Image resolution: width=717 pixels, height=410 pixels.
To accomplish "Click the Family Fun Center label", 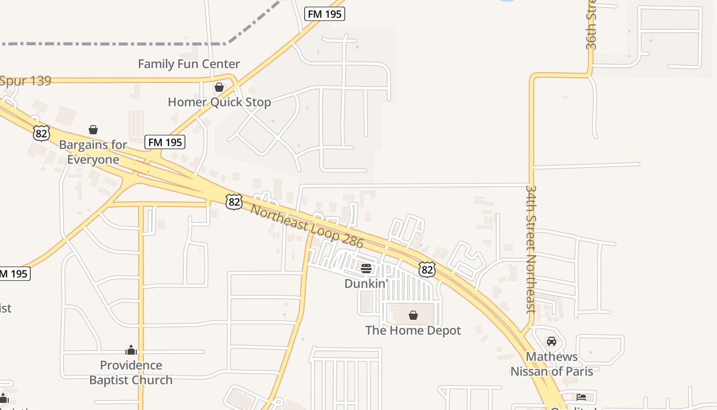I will (189, 64).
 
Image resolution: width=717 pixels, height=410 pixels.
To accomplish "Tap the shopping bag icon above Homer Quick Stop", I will (219, 87).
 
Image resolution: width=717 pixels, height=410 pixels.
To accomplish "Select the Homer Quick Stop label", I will (219, 102).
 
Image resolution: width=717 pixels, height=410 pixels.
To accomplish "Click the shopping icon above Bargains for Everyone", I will (93, 130).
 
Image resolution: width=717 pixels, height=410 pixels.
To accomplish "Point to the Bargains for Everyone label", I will (93, 152).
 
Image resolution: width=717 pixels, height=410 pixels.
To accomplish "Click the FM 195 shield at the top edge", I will (325, 14).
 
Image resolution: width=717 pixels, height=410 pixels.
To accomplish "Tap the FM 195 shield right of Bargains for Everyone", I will (164, 142).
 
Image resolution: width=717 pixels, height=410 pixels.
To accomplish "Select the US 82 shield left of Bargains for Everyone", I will (41, 133).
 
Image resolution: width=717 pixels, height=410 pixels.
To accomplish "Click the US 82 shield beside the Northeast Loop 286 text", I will (234, 201).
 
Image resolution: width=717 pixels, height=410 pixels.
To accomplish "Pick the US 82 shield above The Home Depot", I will (427, 269).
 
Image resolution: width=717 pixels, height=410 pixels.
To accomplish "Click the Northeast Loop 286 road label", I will (307, 226).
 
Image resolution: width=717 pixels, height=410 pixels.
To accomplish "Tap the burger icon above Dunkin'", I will (366, 269).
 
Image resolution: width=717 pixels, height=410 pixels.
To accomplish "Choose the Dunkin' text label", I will (366, 283).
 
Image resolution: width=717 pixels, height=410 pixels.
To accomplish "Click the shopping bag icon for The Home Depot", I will (413, 315).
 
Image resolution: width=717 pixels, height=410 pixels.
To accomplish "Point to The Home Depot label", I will (413, 331).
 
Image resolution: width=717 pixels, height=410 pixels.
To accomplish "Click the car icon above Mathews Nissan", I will (552, 341).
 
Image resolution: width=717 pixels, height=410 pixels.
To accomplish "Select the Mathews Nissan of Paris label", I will (552, 364).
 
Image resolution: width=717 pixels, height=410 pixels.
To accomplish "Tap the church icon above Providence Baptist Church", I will (131, 351).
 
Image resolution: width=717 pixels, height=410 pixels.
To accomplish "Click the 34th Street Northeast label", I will (531, 249).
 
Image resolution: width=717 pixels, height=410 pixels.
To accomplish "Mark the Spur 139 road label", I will (26, 81).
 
